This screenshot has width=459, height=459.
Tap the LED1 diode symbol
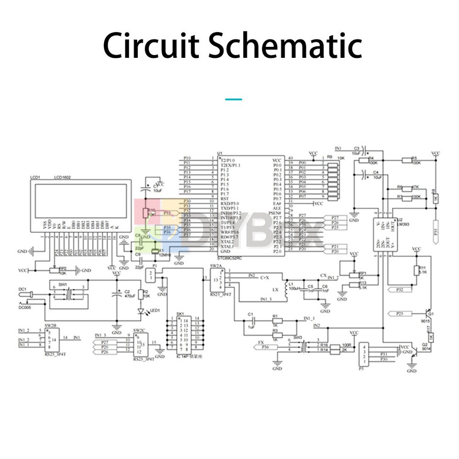140,312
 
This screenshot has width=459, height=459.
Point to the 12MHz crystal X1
154,252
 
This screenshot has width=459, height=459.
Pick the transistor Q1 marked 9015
428,313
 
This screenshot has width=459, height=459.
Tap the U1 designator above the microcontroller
219,153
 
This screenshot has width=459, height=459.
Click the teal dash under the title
233,99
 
